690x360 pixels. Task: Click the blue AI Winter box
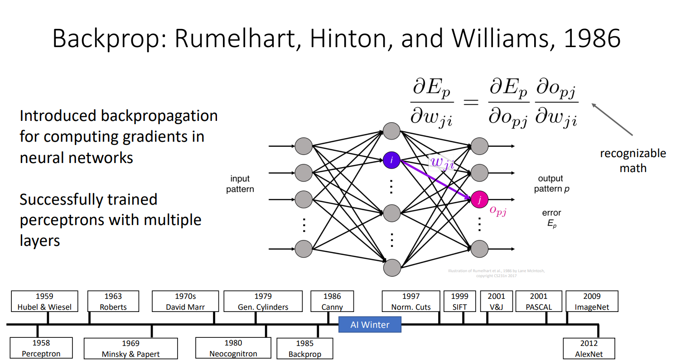pos(370,325)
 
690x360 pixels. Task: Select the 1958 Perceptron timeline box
pos(41,348)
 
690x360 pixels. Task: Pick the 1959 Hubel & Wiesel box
pos(44,302)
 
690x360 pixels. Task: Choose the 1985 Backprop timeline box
pos(304,349)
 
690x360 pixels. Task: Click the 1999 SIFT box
pos(459,302)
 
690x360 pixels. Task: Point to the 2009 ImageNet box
pos(592,302)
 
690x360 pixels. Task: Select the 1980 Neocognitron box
pos(233,348)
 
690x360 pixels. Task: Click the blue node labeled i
pos(391,160)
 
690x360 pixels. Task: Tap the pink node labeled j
pos(479,199)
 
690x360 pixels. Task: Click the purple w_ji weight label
pos(442,162)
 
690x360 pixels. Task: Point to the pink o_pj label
pos(498,211)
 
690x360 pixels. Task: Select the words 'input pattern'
pos(240,184)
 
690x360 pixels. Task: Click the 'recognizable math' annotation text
pos(632,160)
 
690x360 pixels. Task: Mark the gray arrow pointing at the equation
pos(612,119)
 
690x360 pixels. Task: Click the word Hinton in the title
pos(348,38)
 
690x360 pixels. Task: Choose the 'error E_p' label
pos(551,218)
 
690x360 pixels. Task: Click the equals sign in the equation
pos(471,102)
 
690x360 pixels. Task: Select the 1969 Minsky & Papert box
pos(130,349)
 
